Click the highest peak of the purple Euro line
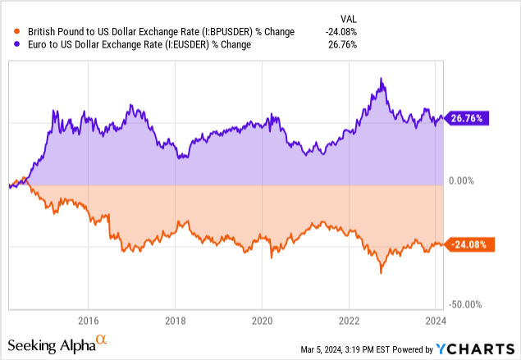pyautogui.click(x=382, y=79)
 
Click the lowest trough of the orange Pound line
pyautogui.click(x=381, y=272)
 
